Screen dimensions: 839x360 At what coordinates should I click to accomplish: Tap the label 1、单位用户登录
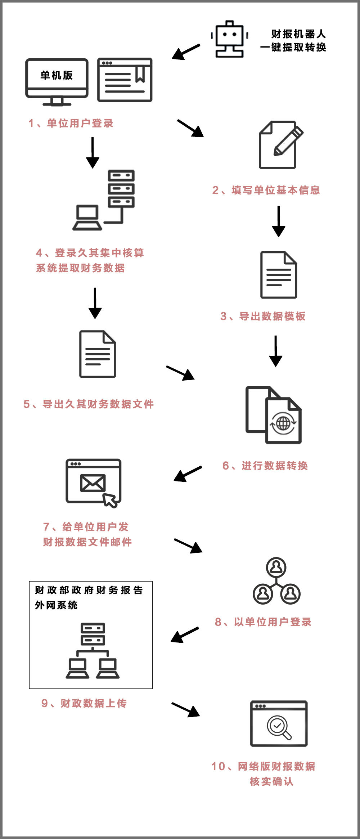[x=71, y=124]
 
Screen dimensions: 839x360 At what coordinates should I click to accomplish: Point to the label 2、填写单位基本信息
[x=266, y=190]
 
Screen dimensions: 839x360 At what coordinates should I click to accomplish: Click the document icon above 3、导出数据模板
[x=279, y=275]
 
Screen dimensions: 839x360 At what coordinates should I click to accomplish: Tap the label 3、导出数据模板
[x=263, y=316]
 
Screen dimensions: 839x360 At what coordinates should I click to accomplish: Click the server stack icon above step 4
[x=121, y=189]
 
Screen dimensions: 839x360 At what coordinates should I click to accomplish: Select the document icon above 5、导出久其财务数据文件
[x=98, y=354]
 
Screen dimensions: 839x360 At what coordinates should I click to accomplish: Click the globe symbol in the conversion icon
[x=283, y=423]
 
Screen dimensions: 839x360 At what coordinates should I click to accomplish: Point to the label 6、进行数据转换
[x=265, y=466]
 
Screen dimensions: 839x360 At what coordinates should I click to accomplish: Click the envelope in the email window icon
[x=93, y=483]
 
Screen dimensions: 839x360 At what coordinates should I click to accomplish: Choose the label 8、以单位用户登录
[x=263, y=622]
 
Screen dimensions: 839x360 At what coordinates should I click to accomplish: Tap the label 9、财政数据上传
[x=84, y=703]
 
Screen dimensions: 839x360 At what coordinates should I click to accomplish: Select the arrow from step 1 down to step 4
[x=93, y=153]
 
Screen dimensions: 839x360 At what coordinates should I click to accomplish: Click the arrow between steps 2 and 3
[x=279, y=221]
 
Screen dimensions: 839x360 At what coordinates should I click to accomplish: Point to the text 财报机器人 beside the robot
[x=298, y=34]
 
